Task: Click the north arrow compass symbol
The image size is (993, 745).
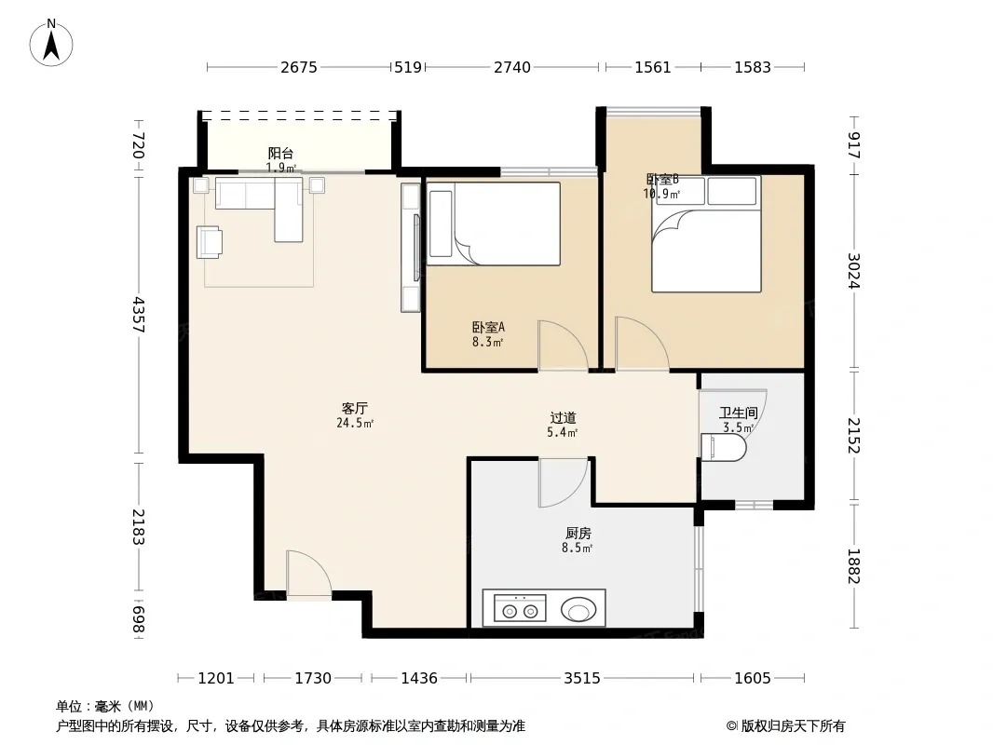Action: click(51, 43)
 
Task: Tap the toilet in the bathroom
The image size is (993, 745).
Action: click(723, 448)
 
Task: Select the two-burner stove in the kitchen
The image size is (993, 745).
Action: click(520, 608)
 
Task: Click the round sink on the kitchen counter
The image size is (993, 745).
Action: click(578, 610)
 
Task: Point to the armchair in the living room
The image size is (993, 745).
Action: click(209, 242)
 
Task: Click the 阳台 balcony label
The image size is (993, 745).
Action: click(280, 153)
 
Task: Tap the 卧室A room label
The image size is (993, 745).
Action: click(487, 327)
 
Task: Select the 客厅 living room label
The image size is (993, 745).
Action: click(355, 408)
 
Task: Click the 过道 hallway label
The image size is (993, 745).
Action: click(563, 418)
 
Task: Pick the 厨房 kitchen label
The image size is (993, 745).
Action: click(578, 534)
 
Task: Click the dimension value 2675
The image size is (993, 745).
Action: click(299, 67)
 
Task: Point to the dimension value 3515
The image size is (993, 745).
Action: click(582, 679)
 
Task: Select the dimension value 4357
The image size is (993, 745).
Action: click(140, 315)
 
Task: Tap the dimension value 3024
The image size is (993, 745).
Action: click(853, 270)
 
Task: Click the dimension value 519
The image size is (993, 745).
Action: click(408, 67)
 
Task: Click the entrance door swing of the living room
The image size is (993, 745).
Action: click(308, 573)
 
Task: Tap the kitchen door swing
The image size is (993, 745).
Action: click(563, 483)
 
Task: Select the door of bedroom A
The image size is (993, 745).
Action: click(563, 345)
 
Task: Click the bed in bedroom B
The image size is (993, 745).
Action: click(706, 234)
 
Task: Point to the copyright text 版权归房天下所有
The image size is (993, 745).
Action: click(793, 726)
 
